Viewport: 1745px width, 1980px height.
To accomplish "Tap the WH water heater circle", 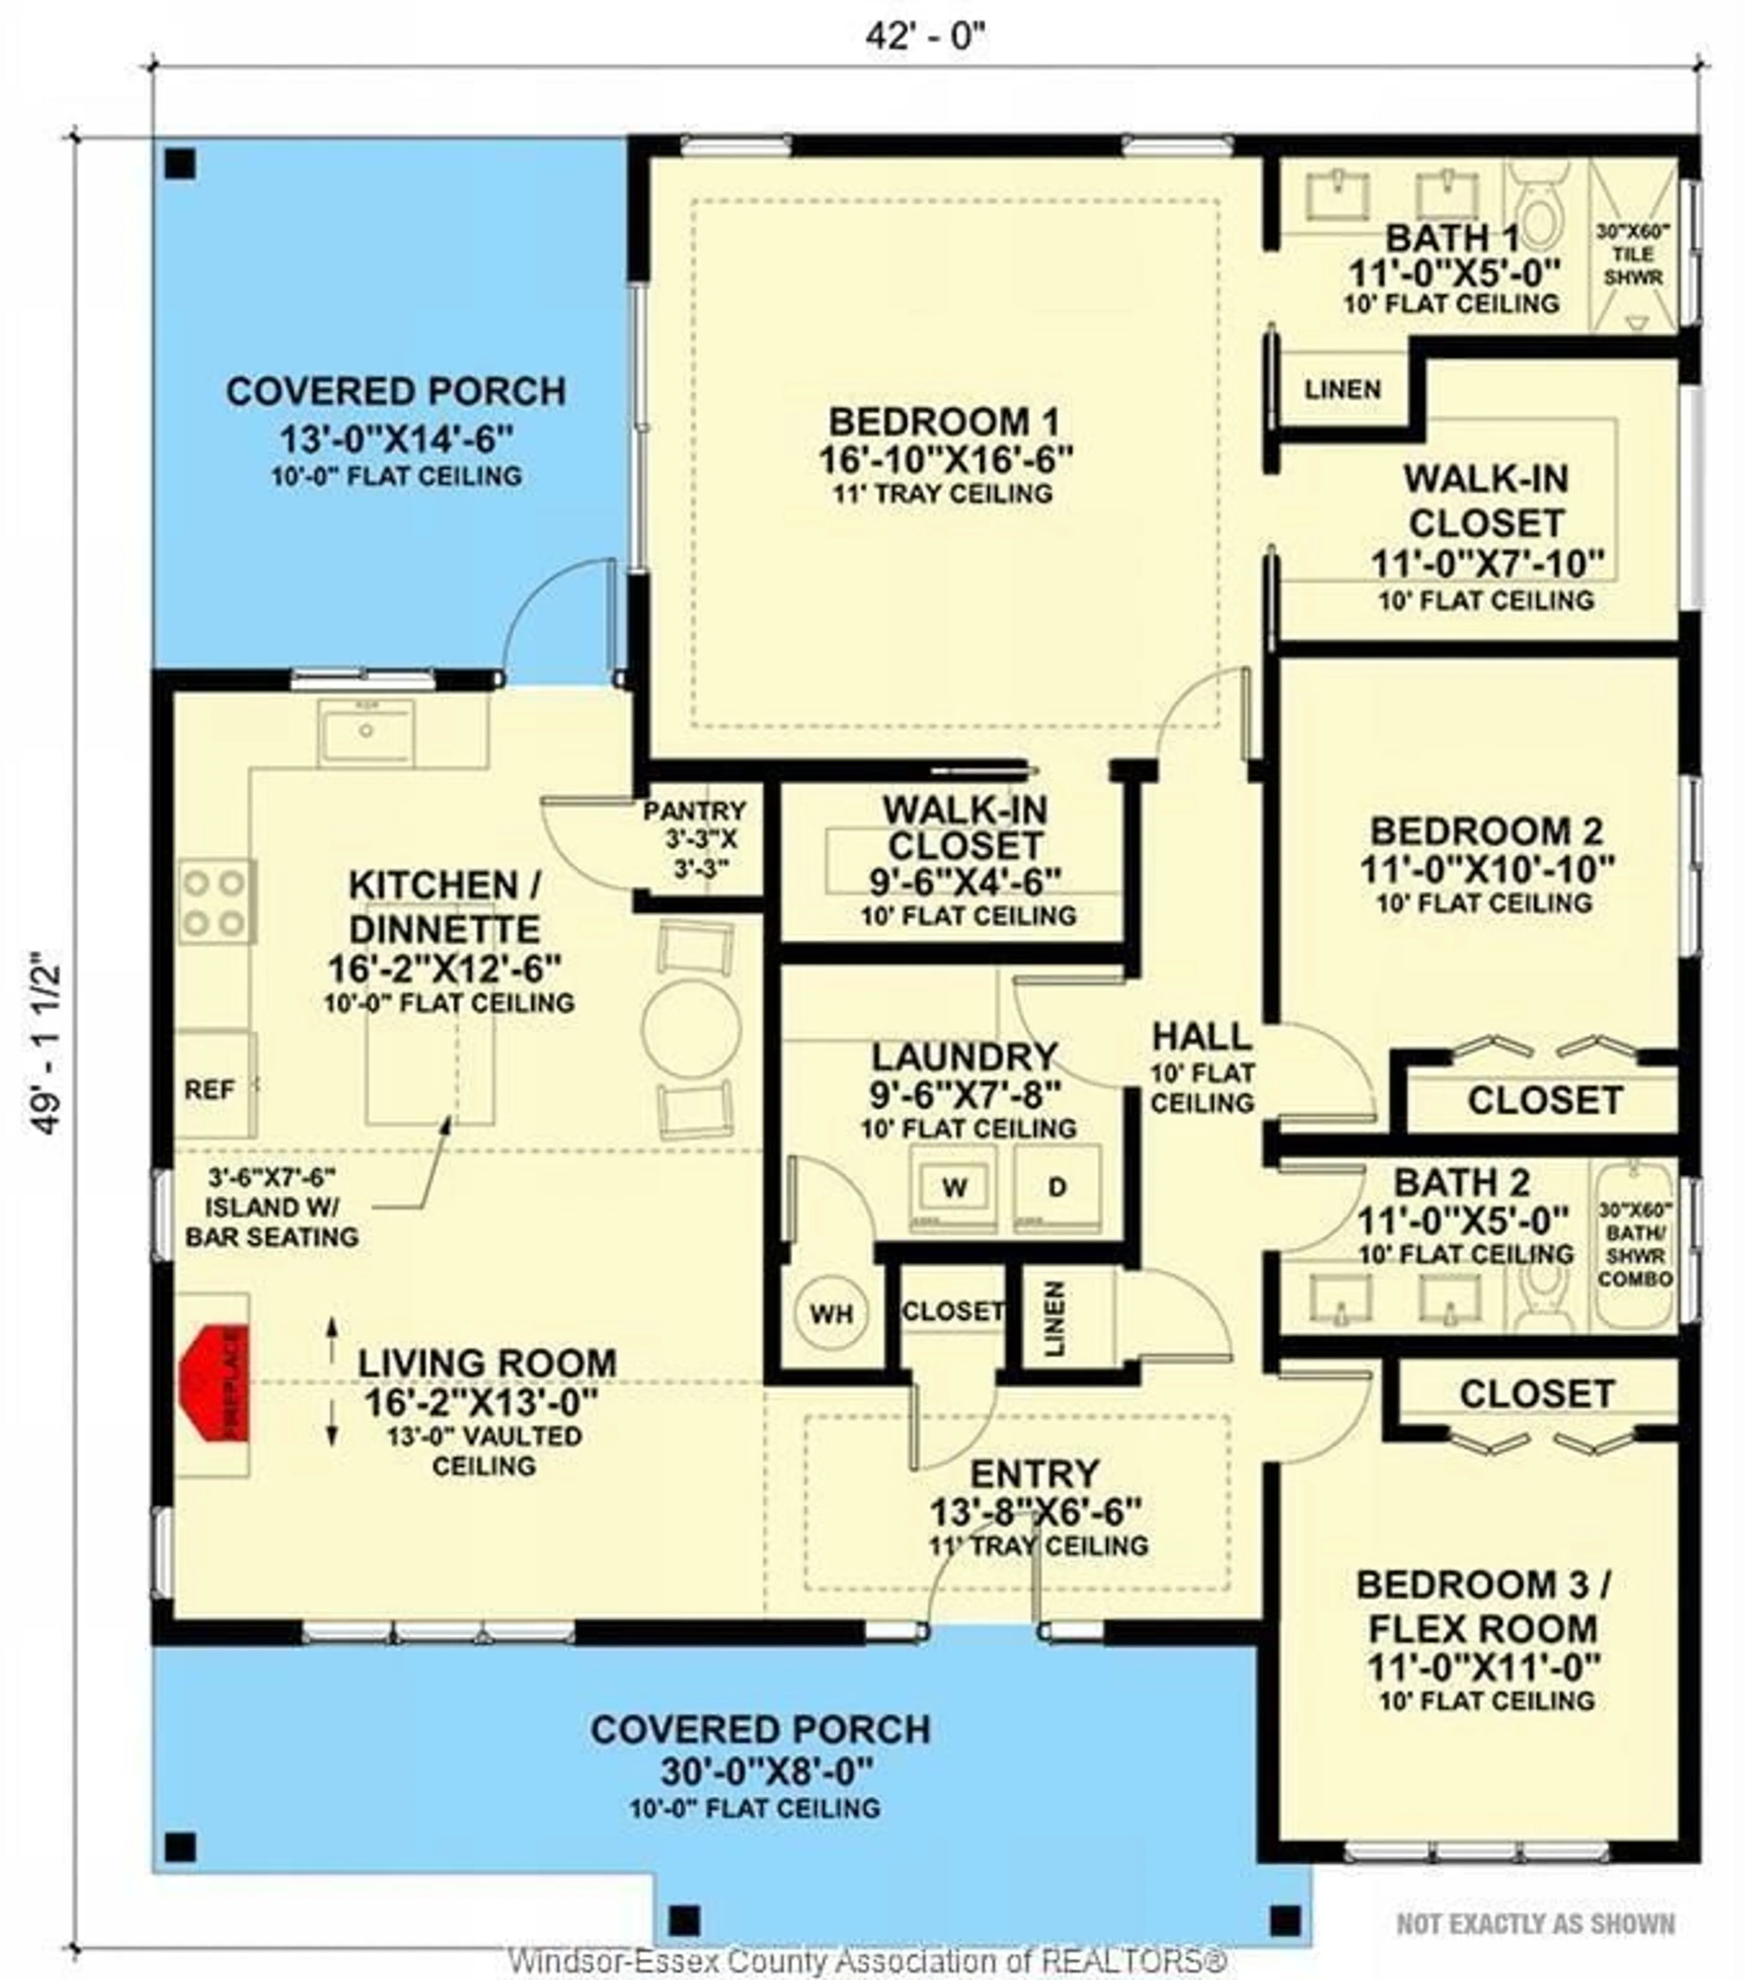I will click(831, 1314).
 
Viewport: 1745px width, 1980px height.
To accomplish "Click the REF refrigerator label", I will click(209, 1090).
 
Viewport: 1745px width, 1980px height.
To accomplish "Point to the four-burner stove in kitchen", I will click(215, 902).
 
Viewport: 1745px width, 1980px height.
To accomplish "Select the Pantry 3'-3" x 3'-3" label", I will click(694, 839).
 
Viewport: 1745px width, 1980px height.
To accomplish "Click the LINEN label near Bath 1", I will click(1342, 390).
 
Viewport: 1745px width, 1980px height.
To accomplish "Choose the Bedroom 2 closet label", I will click(1545, 1100).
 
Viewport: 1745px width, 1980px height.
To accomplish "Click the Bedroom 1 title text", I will click(944, 422).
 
